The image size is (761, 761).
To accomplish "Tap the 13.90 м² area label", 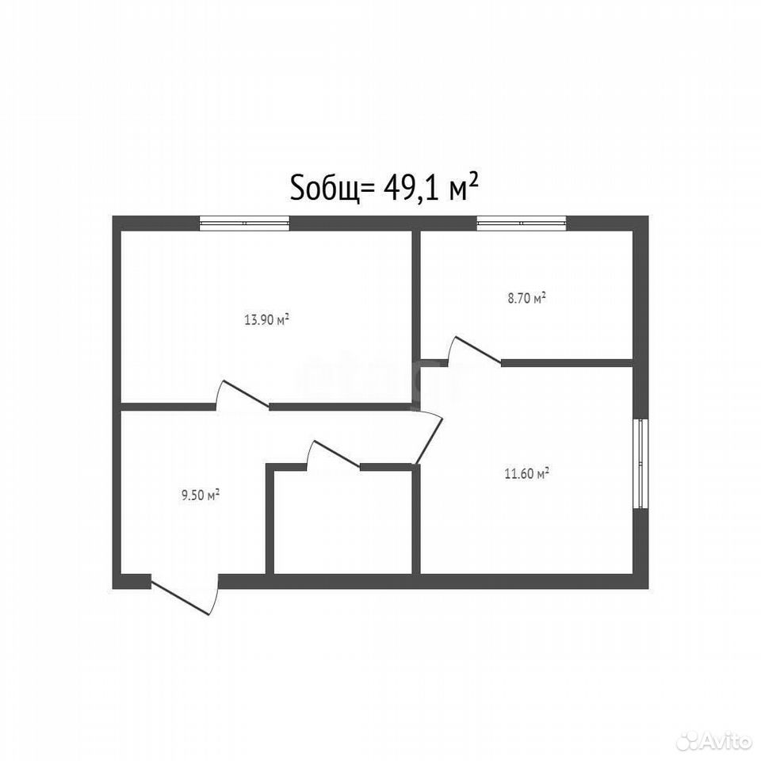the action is [267, 319].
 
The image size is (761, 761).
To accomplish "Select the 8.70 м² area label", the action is [526, 298].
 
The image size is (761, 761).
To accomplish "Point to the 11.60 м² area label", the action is [526, 473].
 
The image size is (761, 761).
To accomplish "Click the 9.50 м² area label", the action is [201, 495].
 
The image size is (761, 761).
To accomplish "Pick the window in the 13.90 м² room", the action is [245, 223].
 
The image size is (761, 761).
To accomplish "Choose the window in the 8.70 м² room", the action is [522, 223].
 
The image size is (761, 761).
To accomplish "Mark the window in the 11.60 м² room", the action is [641, 464].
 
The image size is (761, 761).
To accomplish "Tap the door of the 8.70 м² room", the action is [474, 350].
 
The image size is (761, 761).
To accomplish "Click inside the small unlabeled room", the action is [342, 522].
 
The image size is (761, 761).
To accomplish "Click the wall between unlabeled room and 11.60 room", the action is [416, 519].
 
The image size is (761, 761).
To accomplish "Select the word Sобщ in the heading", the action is [325, 189].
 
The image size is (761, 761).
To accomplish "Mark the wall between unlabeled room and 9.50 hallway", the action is [270, 519].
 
